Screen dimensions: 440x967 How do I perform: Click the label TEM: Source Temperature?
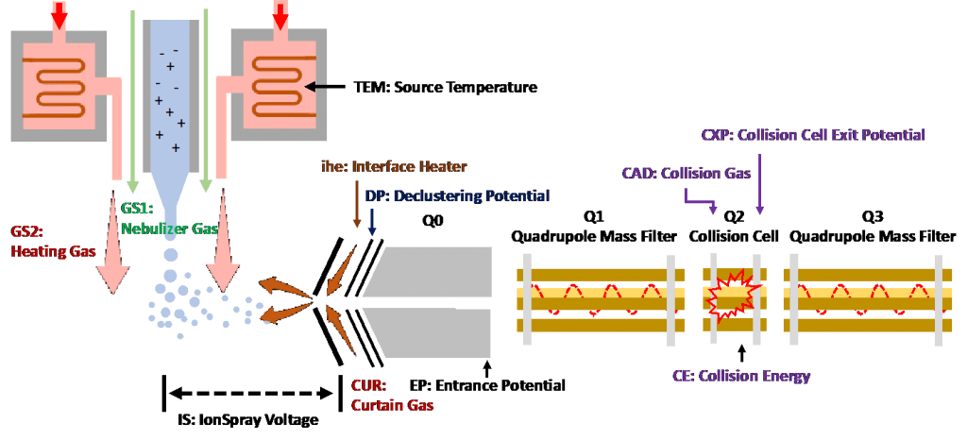tap(446, 88)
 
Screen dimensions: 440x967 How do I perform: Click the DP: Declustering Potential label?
tap(456, 195)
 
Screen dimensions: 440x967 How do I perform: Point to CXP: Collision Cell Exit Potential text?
tap(812, 135)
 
